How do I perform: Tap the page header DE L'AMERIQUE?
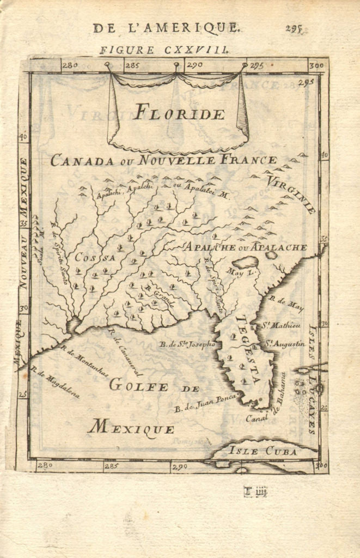click(x=166, y=28)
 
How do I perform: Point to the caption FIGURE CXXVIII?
click(x=164, y=50)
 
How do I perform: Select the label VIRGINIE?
click(x=291, y=193)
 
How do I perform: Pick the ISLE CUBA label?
click(x=263, y=451)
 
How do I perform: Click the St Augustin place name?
click(x=285, y=344)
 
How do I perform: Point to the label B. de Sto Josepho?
click(x=187, y=344)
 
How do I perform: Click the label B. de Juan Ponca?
click(x=205, y=403)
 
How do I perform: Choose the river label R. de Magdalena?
click(x=56, y=384)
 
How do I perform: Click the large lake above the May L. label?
click(x=245, y=262)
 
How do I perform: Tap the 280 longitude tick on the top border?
click(x=70, y=65)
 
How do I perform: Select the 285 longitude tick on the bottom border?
click(x=111, y=466)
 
